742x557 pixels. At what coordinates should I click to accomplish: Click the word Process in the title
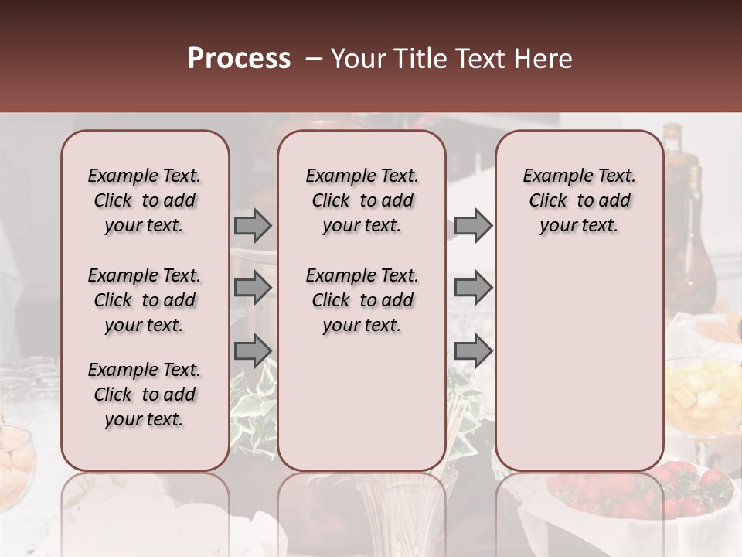pyautogui.click(x=239, y=59)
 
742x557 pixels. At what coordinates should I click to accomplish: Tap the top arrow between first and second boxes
pyautogui.click(x=253, y=225)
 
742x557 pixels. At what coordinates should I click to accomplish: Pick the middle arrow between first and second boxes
pyautogui.click(x=253, y=288)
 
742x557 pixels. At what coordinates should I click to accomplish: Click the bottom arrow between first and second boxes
pyautogui.click(x=253, y=350)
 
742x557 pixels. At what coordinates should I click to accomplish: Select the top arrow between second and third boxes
pyautogui.click(x=473, y=225)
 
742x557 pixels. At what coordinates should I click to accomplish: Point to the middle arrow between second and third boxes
pyautogui.click(x=473, y=288)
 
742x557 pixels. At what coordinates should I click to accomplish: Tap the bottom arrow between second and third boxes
pyautogui.click(x=473, y=350)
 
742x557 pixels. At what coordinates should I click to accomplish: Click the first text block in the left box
pyautogui.click(x=145, y=200)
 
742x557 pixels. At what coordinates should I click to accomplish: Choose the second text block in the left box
pyautogui.click(x=145, y=300)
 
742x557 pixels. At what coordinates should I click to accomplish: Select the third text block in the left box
pyautogui.click(x=145, y=395)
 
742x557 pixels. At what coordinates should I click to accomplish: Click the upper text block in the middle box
pyautogui.click(x=362, y=200)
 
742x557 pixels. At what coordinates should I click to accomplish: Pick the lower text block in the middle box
pyautogui.click(x=362, y=300)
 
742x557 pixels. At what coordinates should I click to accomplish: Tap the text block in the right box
pyautogui.click(x=579, y=200)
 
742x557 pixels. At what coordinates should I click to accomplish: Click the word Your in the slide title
pyautogui.click(x=359, y=59)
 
